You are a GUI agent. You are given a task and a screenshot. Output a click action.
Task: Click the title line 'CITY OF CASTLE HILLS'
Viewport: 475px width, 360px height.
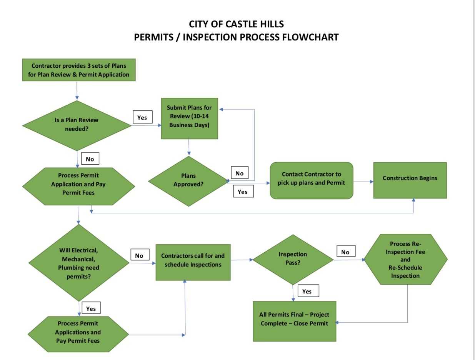(236, 24)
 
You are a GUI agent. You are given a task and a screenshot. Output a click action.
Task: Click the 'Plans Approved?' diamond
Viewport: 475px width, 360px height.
(188, 180)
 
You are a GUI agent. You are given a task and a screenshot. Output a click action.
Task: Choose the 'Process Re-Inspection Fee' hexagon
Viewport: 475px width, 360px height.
(405, 260)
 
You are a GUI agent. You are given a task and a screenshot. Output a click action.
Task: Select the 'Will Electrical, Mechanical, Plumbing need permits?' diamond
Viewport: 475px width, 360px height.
(79, 263)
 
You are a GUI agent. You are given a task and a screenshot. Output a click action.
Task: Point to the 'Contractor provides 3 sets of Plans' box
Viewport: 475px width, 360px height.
(79, 70)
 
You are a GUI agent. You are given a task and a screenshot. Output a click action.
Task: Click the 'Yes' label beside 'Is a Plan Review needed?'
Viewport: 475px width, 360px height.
(142, 118)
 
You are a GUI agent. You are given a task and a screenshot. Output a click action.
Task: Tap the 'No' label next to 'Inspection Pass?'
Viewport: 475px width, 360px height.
(345, 252)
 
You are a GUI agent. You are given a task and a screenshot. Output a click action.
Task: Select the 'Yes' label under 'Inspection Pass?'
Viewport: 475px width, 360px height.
(307, 291)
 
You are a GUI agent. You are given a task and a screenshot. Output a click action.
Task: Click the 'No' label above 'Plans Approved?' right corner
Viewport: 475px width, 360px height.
(239, 173)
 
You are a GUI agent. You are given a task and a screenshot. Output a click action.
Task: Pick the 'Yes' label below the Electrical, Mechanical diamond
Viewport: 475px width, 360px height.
(91, 308)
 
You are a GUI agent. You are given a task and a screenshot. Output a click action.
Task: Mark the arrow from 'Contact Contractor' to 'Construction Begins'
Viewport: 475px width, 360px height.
(363, 181)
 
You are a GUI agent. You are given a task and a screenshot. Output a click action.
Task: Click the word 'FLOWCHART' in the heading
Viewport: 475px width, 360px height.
(310, 37)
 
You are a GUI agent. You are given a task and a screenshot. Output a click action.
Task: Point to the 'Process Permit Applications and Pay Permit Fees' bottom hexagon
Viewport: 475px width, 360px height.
(78, 333)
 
